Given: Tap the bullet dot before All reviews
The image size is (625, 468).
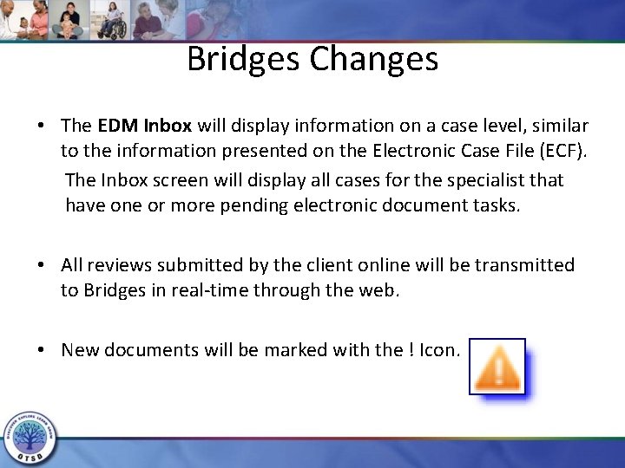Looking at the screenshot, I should click(42, 264).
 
